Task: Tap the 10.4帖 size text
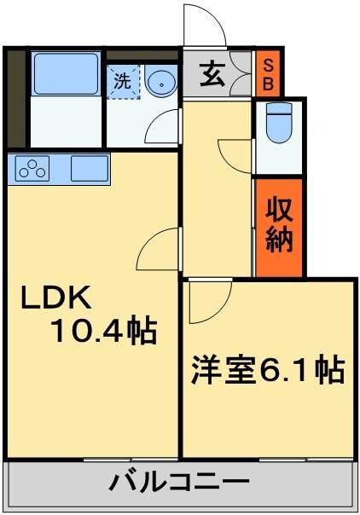pos(104,329)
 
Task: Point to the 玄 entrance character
pos(212,75)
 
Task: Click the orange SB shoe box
pos(267,75)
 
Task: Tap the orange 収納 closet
pos(279,227)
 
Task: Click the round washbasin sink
pos(160,83)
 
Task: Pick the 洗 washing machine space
pos(124,83)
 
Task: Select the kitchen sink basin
pos(88,168)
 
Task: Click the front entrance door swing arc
pos(204,26)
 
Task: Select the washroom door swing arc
pos(162,128)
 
